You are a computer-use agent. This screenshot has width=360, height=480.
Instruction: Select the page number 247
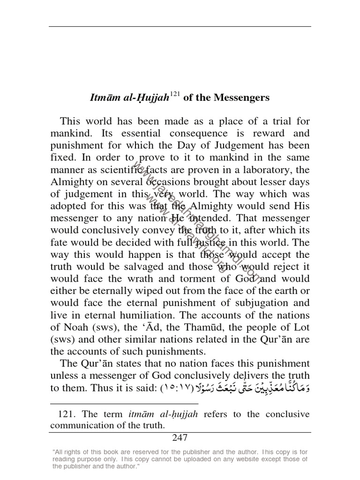pos(180,438)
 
